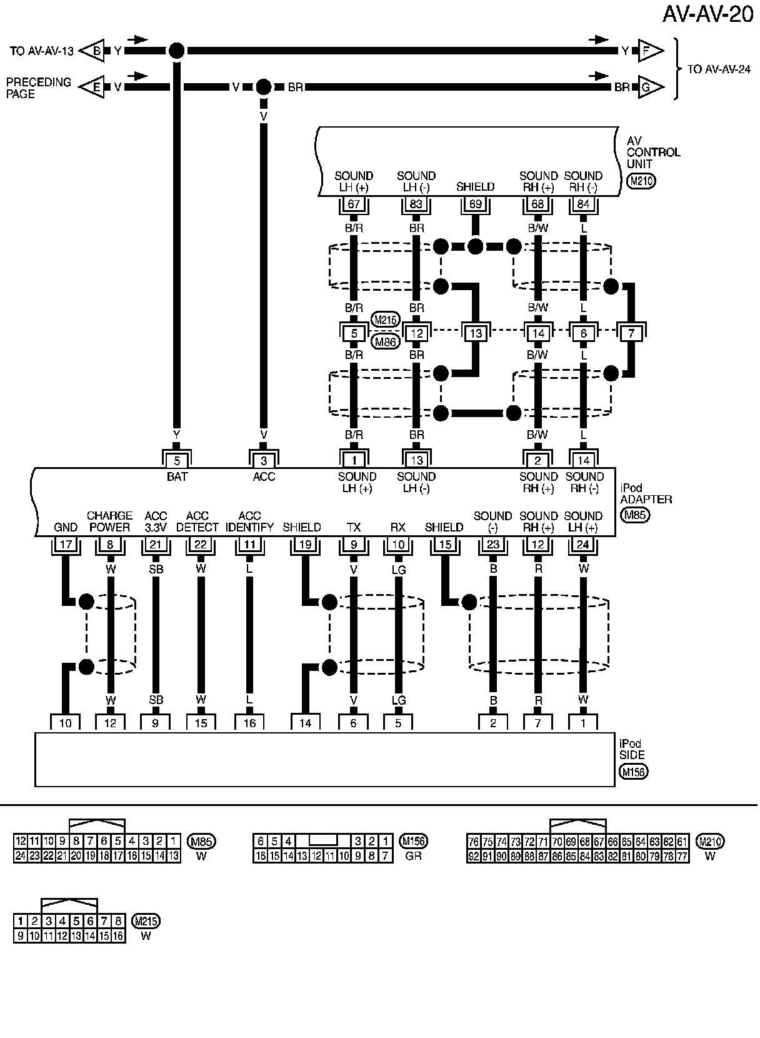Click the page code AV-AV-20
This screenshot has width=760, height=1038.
click(x=708, y=14)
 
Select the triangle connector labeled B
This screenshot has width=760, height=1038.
click(x=93, y=51)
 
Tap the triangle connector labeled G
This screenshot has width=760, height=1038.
click(x=650, y=88)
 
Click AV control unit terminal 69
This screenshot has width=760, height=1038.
click(x=476, y=204)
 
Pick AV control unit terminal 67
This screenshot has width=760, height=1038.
click(x=354, y=204)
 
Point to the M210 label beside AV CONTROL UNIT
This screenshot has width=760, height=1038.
click(x=640, y=182)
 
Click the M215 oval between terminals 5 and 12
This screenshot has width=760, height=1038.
click(x=385, y=320)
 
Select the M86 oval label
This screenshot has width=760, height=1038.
click(x=385, y=341)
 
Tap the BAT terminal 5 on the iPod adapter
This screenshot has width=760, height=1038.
click(x=177, y=461)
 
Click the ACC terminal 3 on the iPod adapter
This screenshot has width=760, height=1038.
click(x=264, y=461)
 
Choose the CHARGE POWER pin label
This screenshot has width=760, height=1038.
click(x=109, y=522)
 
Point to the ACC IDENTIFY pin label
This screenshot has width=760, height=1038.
click(x=249, y=522)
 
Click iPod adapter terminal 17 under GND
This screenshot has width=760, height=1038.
click(x=66, y=545)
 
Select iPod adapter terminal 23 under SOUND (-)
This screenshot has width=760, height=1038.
click(x=493, y=545)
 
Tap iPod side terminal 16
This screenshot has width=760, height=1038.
click(x=249, y=723)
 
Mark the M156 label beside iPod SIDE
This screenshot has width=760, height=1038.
click(x=634, y=772)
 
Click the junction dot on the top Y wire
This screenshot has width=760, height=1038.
click(x=177, y=51)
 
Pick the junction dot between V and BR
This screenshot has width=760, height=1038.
click(x=264, y=87)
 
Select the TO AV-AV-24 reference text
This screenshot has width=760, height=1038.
click(x=719, y=69)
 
